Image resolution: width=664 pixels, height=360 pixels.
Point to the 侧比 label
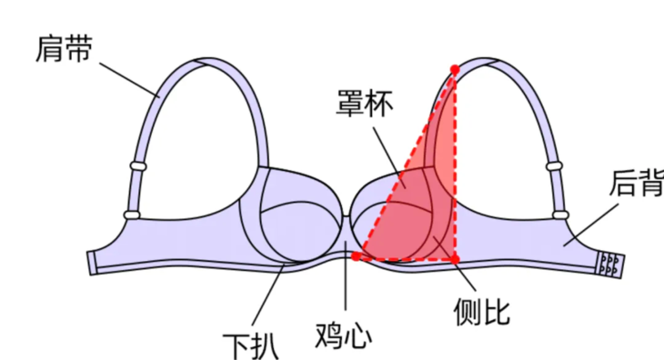[x=481, y=312]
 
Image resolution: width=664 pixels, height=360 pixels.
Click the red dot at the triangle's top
[x=455, y=68]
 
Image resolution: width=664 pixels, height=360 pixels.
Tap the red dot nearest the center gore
[x=357, y=257]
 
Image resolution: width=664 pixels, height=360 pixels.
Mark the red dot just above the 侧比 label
[x=455, y=259]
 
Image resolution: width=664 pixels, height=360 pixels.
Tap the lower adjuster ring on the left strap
[x=132, y=215]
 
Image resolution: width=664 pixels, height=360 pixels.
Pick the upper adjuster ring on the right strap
[x=555, y=166]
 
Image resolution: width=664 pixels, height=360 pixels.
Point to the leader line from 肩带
[x=127, y=77]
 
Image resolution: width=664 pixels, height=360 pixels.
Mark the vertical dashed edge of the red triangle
[x=455, y=164]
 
